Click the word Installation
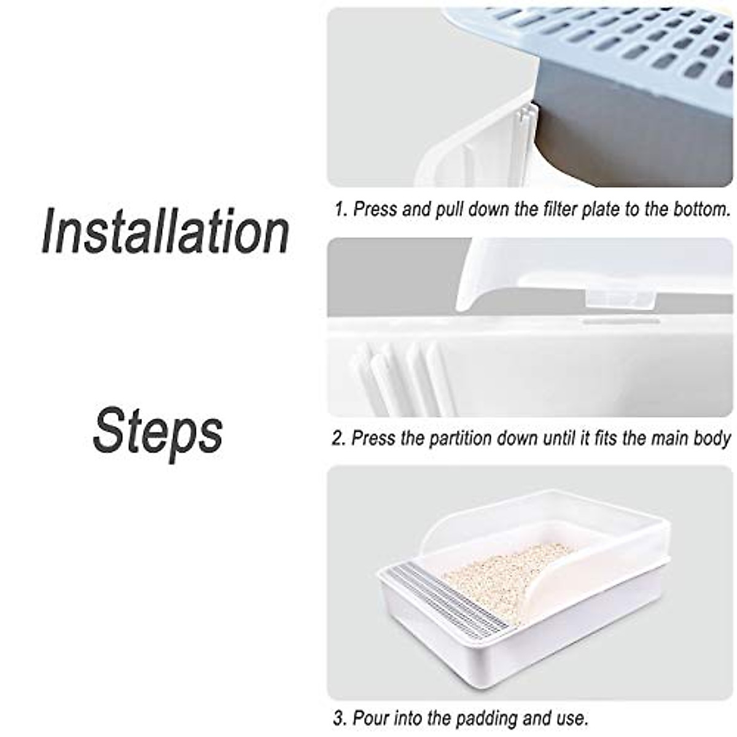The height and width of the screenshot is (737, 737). (x=166, y=232)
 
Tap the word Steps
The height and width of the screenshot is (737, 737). (x=158, y=431)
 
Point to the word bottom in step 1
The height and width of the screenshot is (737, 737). (x=698, y=209)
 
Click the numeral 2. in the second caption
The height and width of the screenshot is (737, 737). (x=340, y=439)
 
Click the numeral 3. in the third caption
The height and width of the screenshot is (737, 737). (x=340, y=717)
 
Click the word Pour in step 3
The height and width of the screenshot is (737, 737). (x=372, y=717)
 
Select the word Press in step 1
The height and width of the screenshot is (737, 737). (x=376, y=209)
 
